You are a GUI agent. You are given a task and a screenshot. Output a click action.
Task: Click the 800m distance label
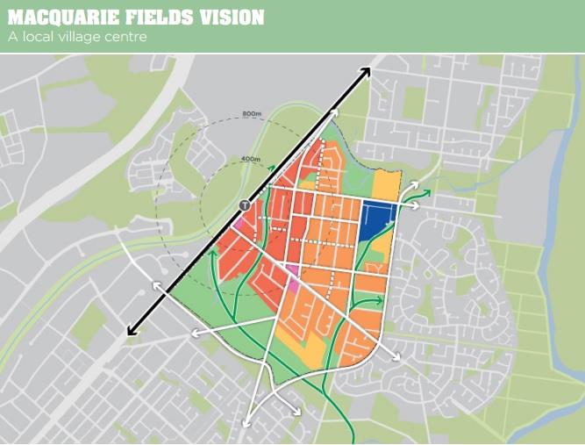[253, 115]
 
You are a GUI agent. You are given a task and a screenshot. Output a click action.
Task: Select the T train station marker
[244, 205]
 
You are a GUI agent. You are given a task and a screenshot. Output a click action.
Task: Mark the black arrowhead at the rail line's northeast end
[365, 72]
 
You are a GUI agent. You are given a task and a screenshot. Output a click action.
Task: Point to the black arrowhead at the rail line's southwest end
[132, 330]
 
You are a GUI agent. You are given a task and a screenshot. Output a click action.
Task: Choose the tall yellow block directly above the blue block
[386, 185]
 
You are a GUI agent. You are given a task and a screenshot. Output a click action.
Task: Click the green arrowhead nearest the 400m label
[273, 169]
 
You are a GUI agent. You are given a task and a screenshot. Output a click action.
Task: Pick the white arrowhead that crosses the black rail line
[156, 285]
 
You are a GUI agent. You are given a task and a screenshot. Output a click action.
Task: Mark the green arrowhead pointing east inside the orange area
[379, 300]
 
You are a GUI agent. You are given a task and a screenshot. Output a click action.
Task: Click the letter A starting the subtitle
[12, 37]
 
